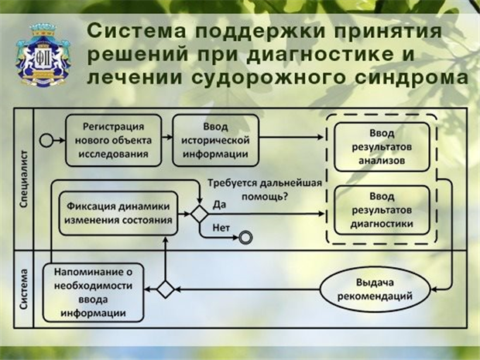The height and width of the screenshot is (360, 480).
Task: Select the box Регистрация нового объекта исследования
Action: (112, 140)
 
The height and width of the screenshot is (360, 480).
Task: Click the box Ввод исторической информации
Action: (215, 140)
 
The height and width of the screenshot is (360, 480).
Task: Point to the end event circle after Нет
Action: (245, 237)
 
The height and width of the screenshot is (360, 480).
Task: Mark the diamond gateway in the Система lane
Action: (165, 289)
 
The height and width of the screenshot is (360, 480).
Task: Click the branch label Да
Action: (218, 206)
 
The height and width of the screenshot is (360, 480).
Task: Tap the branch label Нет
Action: (220, 228)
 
